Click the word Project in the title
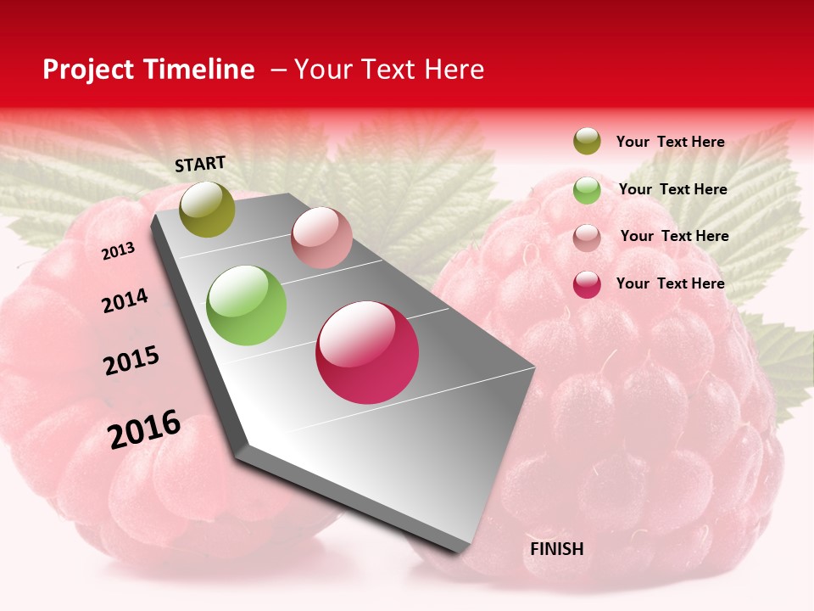point(89,70)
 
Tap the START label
point(200,164)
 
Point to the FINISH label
point(556,549)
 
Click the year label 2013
point(118,251)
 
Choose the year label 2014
point(125,300)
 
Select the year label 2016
point(144,429)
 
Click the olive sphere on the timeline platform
point(208,210)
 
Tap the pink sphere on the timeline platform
point(321,238)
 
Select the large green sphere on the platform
point(247,305)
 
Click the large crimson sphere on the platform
point(367,352)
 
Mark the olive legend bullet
point(587,141)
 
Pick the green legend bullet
point(587,190)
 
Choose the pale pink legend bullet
point(587,238)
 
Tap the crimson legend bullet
point(587,284)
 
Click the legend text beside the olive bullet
point(670,142)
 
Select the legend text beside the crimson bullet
point(670,283)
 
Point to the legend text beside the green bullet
point(672,189)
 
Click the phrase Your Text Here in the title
point(389,70)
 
